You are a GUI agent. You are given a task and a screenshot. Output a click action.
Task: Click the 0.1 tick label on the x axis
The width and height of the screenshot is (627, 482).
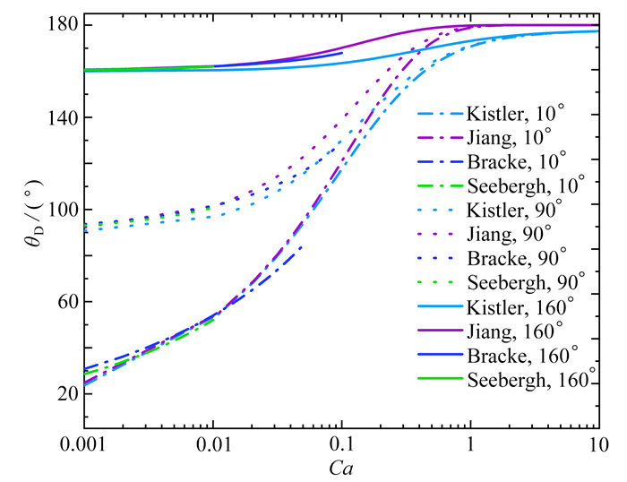[x=340, y=443]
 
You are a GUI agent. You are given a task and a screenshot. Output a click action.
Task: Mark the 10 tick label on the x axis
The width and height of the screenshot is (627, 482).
[x=597, y=443]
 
